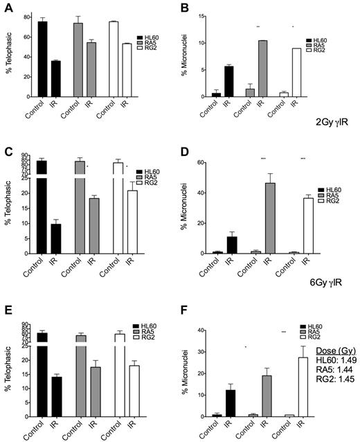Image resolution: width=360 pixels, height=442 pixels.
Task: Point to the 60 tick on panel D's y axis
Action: coord(204,162)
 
